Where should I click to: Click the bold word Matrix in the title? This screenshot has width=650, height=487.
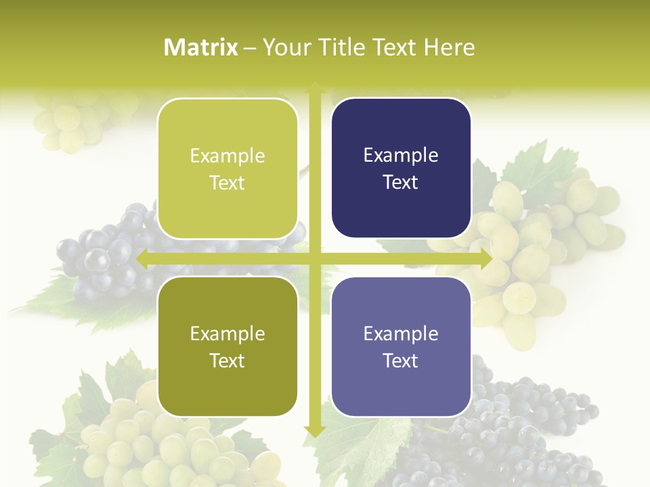[x=201, y=47]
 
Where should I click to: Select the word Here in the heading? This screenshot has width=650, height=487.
[x=449, y=47]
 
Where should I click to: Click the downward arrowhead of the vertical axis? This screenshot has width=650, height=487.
[x=314, y=431]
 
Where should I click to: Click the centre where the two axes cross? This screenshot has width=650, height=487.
[x=314, y=259]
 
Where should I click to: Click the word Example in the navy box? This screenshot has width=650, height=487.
[x=401, y=156]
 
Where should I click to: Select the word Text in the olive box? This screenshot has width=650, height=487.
[x=227, y=361]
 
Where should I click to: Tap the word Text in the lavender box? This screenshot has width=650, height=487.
[x=401, y=361]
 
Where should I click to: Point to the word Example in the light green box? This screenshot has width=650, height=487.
[x=227, y=156]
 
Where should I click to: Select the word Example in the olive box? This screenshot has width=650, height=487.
[x=227, y=334]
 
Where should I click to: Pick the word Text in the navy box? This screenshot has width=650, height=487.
[x=401, y=183]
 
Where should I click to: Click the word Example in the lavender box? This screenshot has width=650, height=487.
[x=401, y=334]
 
